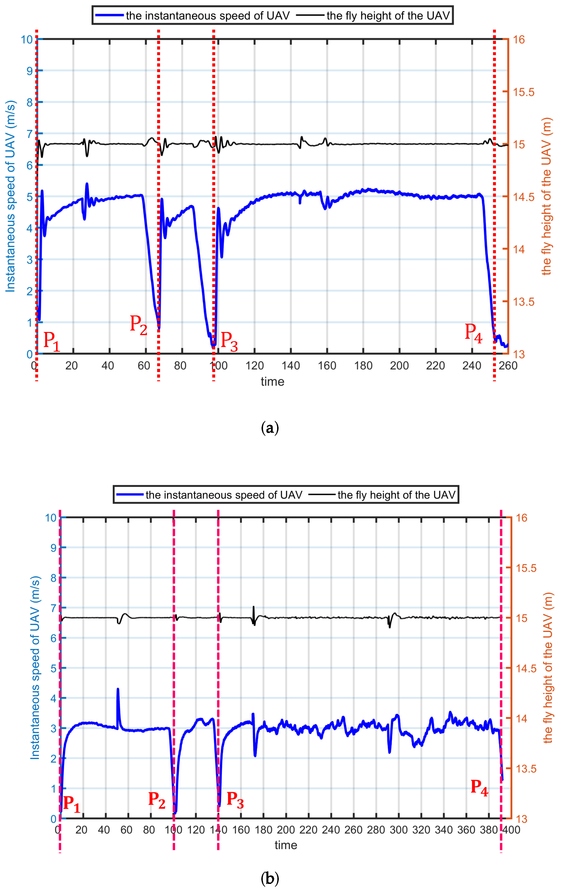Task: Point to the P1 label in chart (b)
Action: click(x=72, y=804)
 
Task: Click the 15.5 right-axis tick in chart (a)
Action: click(x=524, y=92)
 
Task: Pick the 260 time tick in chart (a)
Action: click(x=508, y=366)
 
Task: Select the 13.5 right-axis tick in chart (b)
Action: click(x=526, y=769)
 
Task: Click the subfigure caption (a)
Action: click(x=270, y=428)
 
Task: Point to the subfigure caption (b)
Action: click(x=270, y=878)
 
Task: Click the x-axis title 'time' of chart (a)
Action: click(x=272, y=381)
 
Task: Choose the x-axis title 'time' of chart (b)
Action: click(x=286, y=845)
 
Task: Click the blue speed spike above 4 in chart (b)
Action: click(x=118, y=690)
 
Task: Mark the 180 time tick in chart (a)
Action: click(x=363, y=366)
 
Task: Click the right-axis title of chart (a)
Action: click(x=546, y=196)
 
